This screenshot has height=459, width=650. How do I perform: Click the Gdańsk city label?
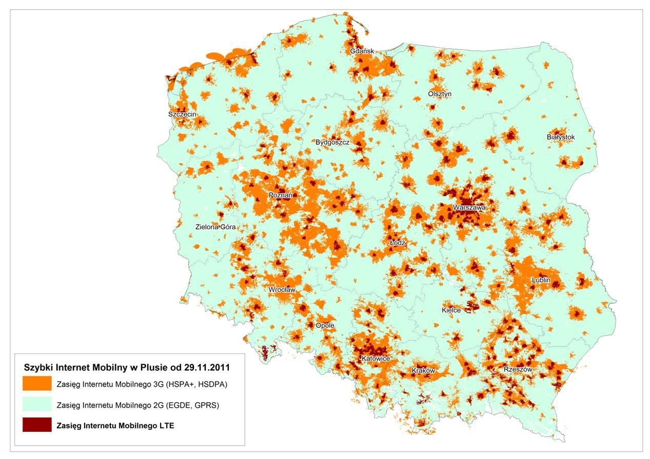pos(362,51)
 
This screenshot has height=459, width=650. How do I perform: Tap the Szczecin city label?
pos(182,114)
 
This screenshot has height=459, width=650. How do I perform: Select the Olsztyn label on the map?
pos(440,94)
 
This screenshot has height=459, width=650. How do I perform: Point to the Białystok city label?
pos(561,137)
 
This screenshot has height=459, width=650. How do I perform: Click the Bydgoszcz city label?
pos(332,142)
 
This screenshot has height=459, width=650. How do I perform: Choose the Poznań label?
pos(281,195)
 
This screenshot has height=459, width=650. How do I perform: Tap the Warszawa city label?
pos(469,208)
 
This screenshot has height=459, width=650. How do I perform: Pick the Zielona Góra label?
pos(215,227)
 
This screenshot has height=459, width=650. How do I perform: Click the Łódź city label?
pos(398,243)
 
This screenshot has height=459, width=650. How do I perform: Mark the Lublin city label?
pos(541,281)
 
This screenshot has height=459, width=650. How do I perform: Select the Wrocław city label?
pos(282,290)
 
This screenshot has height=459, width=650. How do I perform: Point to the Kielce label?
pos(451,310)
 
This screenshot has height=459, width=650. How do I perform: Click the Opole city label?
pos(325,326)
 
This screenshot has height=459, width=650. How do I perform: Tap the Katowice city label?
pos(376,358)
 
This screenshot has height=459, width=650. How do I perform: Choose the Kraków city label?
pos(423,370)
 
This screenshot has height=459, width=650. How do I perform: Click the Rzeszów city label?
pos(518,369)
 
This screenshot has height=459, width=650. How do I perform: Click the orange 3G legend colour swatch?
pos(37,384)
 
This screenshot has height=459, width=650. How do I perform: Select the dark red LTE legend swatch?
pos(37,425)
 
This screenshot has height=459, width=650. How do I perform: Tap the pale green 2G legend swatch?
pos(37,404)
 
